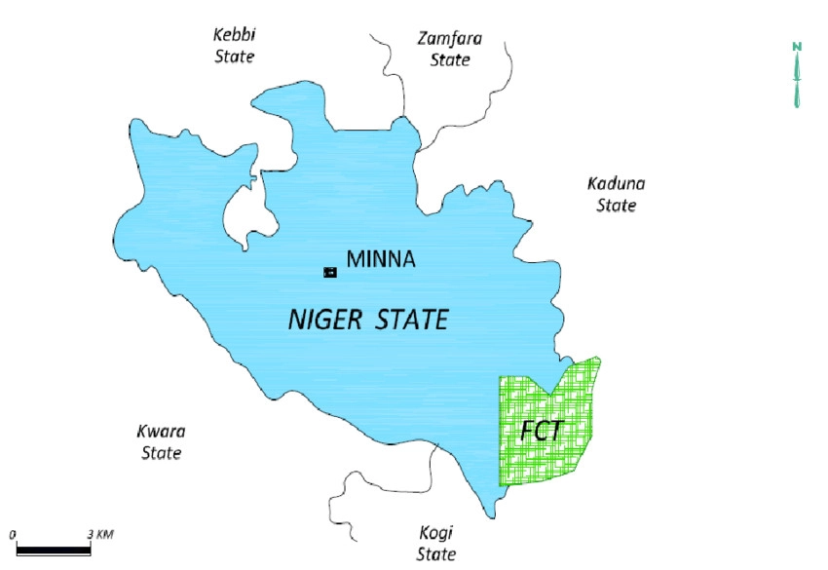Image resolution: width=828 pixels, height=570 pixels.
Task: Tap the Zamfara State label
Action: [449, 49]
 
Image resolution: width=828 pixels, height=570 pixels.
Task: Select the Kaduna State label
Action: [616, 194]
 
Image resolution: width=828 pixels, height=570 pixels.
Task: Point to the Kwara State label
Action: [162, 441]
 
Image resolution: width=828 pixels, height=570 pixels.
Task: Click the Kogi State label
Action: [435, 544]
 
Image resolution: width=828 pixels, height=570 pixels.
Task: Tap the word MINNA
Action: [381, 260]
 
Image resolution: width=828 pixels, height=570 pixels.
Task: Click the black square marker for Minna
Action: [329, 272]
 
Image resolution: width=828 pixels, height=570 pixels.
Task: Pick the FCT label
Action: [543, 430]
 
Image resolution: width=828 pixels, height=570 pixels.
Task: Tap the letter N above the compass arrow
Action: [797, 47]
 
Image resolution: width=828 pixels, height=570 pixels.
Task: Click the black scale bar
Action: [54, 551]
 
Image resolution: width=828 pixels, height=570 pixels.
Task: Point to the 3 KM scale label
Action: [100, 535]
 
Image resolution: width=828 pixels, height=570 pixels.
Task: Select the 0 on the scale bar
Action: [15, 535]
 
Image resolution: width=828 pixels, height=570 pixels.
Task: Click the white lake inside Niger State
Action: [241, 209]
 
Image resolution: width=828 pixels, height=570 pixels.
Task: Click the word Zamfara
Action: [449, 39]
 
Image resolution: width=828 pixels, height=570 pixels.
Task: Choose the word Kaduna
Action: [616, 183]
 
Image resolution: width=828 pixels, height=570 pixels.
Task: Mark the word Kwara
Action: [162, 431]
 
